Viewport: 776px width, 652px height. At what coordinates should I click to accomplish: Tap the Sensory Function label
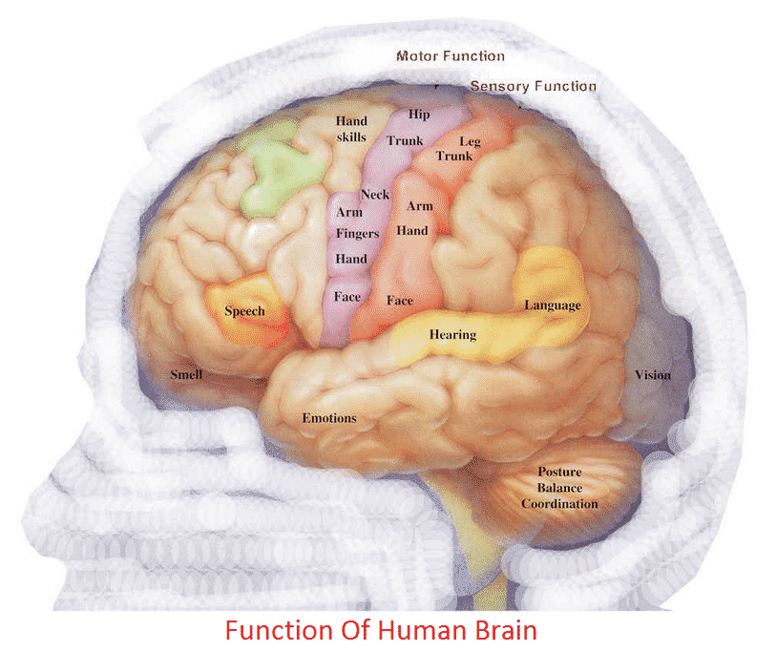click(x=533, y=86)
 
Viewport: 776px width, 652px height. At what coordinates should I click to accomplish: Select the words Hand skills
click(x=351, y=130)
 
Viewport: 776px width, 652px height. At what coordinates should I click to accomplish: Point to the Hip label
click(x=419, y=115)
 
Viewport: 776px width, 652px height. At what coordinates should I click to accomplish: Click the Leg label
click(x=471, y=141)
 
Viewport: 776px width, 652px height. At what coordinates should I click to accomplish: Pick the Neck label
click(x=375, y=195)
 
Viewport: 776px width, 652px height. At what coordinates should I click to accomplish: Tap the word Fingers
click(x=358, y=234)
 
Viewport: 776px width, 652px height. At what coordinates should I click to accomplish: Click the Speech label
click(x=244, y=311)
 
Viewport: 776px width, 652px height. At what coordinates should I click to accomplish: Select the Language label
click(x=552, y=305)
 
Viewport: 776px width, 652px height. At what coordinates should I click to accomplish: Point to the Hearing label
click(x=452, y=335)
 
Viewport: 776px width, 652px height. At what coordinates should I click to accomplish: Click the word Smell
click(x=186, y=375)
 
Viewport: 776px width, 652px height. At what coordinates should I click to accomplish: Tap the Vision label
click(x=653, y=375)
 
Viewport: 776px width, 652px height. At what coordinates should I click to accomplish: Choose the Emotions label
click(x=329, y=418)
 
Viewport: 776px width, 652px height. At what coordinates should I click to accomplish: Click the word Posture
click(x=559, y=473)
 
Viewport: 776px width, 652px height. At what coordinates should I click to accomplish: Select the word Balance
click(x=559, y=488)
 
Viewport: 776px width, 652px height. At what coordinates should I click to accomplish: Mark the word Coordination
click(x=559, y=504)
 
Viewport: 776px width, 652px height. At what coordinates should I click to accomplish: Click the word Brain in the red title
click(x=503, y=631)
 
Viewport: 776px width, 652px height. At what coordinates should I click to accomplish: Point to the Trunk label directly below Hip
click(x=404, y=141)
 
